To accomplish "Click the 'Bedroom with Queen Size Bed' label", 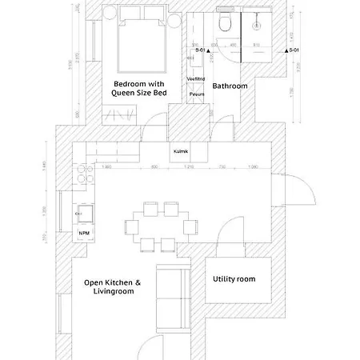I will pyautogui.click(x=139, y=88).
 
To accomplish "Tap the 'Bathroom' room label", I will pyautogui.click(x=230, y=86).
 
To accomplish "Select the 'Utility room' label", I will pyautogui.click(x=234, y=279).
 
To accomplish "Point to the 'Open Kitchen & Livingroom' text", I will pyautogui.click(x=112, y=287).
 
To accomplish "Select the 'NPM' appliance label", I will pyautogui.click(x=84, y=233).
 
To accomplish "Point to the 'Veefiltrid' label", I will pyautogui.click(x=196, y=79).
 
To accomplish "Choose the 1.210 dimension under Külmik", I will pyautogui.click(x=190, y=166).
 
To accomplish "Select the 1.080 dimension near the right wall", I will pyautogui.click(x=254, y=166).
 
